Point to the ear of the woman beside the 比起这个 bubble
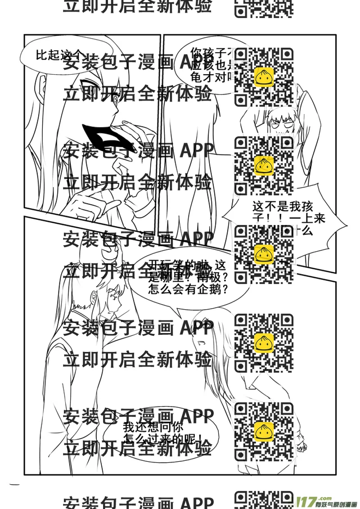42,83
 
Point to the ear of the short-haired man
93,297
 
